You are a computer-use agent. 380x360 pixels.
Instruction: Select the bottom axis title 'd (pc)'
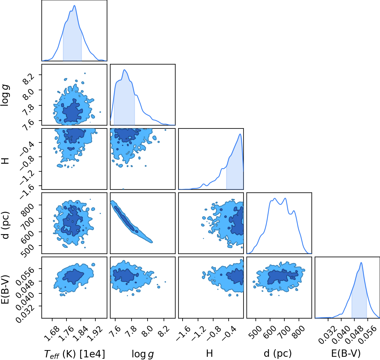pyautogui.click(x=278, y=353)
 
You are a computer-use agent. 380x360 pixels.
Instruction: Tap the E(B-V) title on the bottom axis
pyautogui.click(x=346, y=353)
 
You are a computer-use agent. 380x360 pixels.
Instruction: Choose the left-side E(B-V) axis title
pyautogui.click(x=5, y=289)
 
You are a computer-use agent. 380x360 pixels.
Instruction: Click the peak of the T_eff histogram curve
pyautogui.click(x=74, y=6)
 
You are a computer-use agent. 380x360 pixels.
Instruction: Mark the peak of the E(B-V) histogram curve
pyautogui.click(x=361, y=262)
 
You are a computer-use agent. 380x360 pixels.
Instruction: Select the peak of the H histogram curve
pyautogui.click(x=240, y=134)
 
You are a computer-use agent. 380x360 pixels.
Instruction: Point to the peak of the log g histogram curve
pyautogui.click(x=125, y=70)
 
